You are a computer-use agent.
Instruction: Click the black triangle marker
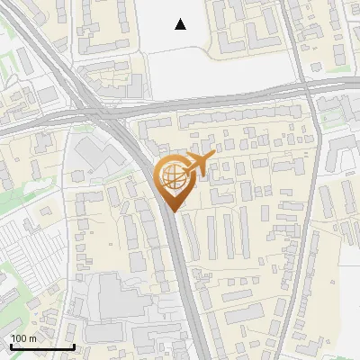click(181, 24)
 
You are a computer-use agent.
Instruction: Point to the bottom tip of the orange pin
click(171, 211)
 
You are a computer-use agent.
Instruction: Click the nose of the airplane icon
click(211, 157)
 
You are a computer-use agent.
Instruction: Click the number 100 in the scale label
click(19, 338)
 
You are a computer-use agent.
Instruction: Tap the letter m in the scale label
click(33, 338)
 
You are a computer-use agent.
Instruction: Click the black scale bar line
click(41, 346)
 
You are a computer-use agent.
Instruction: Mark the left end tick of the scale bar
click(10, 345)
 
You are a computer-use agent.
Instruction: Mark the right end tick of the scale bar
click(74, 345)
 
